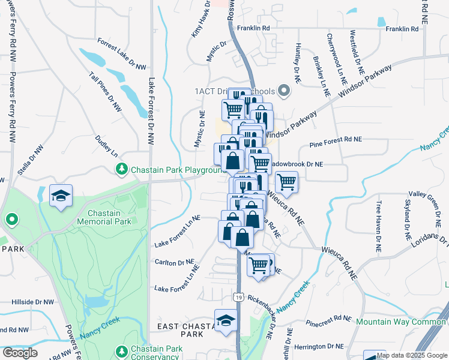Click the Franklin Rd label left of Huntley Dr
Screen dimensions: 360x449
253,28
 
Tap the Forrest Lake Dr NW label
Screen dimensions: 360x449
122,54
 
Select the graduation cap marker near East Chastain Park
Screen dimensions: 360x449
226,320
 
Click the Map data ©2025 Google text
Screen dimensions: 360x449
412,355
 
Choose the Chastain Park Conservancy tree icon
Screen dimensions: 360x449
122,350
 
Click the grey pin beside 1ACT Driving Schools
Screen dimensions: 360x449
285,91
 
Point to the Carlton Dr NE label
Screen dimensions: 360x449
174,263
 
